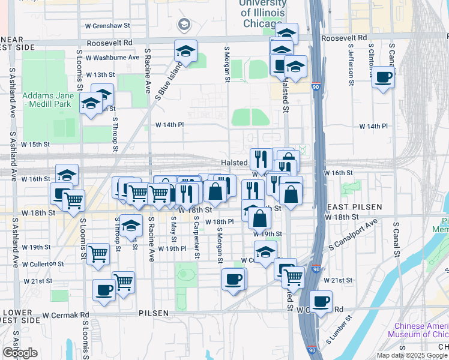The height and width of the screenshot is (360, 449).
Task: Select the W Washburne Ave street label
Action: (112, 58)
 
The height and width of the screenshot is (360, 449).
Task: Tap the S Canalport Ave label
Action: (353, 235)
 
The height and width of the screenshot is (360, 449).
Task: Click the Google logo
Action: (20, 353)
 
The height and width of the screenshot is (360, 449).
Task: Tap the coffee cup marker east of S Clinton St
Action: (384, 77)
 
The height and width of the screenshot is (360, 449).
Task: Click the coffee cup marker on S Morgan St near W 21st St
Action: (233, 278)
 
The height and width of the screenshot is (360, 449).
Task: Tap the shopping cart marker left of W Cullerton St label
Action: (98, 253)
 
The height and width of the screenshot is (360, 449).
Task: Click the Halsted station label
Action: (234, 163)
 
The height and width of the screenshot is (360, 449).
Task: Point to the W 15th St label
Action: (35, 145)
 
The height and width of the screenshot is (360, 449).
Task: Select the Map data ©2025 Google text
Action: (411, 355)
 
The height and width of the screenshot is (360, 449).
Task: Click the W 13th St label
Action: (100, 75)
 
